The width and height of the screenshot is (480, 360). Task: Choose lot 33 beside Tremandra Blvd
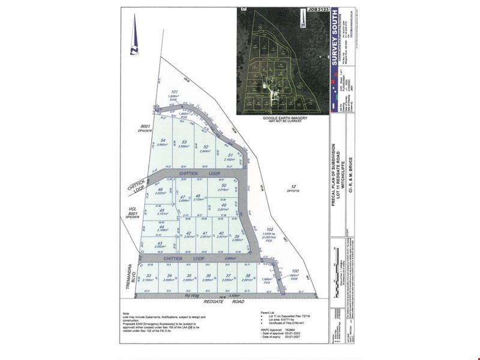click(x=148, y=276)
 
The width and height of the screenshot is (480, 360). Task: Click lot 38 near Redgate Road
click(x=247, y=276)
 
